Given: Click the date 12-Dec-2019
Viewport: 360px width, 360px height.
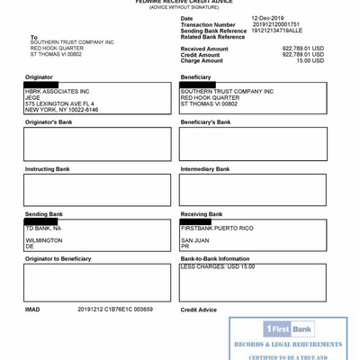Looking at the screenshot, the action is [x=269, y=18].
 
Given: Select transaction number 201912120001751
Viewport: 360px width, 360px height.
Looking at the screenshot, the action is [x=276, y=24].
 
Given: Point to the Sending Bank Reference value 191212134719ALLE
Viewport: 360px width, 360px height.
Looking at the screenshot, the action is [x=277, y=31].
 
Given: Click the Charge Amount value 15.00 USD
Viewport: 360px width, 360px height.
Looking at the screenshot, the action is [x=310, y=60].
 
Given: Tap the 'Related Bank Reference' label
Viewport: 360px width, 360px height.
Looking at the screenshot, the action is [x=212, y=37].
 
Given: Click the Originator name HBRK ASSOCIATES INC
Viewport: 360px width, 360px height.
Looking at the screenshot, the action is [x=58, y=91].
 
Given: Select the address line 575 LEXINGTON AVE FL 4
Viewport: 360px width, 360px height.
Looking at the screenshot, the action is [x=59, y=103].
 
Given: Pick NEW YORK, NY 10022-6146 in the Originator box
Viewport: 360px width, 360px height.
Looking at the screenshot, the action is [x=62, y=110].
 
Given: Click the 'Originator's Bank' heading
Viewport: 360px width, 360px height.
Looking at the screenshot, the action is [x=49, y=121].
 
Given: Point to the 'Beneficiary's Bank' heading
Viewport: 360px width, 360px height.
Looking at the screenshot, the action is [x=205, y=121].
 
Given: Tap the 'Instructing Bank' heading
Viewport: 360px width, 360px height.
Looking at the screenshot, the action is [x=47, y=168].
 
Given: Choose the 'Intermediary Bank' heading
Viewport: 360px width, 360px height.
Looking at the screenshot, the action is [x=205, y=168].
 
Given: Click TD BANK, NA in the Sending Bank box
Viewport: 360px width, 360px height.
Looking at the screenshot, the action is [x=43, y=229].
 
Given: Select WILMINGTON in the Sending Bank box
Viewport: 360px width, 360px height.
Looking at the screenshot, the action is [x=44, y=240].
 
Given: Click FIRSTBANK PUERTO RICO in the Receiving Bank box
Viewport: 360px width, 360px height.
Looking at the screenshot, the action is [x=217, y=229].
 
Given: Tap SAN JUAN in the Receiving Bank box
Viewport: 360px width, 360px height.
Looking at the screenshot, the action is [x=194, y=240].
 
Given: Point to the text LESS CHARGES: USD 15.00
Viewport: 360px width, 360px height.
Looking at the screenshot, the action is [x=218, y=266].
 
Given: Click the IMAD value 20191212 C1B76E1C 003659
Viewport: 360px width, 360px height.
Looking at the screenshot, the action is [x=115, y=309].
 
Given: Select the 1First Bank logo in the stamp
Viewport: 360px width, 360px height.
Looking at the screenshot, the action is [x=288, y=329].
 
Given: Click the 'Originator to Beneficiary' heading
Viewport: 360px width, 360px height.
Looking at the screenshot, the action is [x=58, y=258].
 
